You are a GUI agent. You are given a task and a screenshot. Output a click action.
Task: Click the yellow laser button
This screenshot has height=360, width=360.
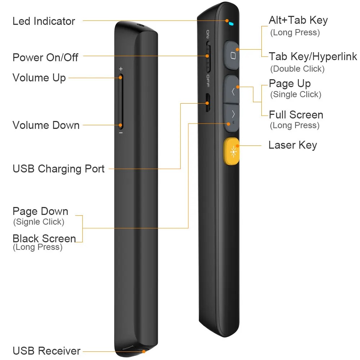tap(231, 152)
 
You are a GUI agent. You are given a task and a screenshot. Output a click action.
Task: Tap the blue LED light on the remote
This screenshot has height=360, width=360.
tap(231, 24)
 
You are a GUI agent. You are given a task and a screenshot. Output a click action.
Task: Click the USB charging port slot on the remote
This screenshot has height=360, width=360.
tap(208, 103)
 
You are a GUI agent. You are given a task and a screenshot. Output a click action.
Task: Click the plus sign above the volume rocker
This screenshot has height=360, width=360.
tap(121, 68)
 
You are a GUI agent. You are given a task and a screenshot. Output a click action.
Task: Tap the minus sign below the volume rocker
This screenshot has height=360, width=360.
tap(121, 133)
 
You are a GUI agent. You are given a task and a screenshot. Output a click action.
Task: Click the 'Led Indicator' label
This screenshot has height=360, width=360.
tap(44, 21)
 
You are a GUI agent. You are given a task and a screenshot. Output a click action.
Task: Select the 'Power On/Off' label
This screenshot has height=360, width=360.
tap(45, 57)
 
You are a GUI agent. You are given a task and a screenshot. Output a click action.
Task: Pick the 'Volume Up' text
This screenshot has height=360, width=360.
tap(39, 78)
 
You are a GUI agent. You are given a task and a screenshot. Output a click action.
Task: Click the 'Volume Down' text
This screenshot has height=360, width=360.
tap(46, 125)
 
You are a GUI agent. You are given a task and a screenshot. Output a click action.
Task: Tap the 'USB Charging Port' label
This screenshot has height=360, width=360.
tap(59, 168)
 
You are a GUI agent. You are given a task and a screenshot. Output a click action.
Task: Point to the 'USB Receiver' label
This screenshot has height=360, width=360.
tap(46, 350)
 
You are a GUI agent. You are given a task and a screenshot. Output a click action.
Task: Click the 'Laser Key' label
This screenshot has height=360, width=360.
tap(293, 145)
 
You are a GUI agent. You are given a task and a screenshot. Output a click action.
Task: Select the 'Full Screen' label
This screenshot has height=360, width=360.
tap(296, 115)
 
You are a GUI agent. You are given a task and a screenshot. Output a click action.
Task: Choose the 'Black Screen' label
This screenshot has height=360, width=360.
tap(44, 238)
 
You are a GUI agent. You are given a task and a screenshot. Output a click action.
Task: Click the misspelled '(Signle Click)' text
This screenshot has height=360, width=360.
tap(39, 222)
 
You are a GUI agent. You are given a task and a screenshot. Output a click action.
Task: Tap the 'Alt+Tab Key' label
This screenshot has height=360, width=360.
tap(298, 21)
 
